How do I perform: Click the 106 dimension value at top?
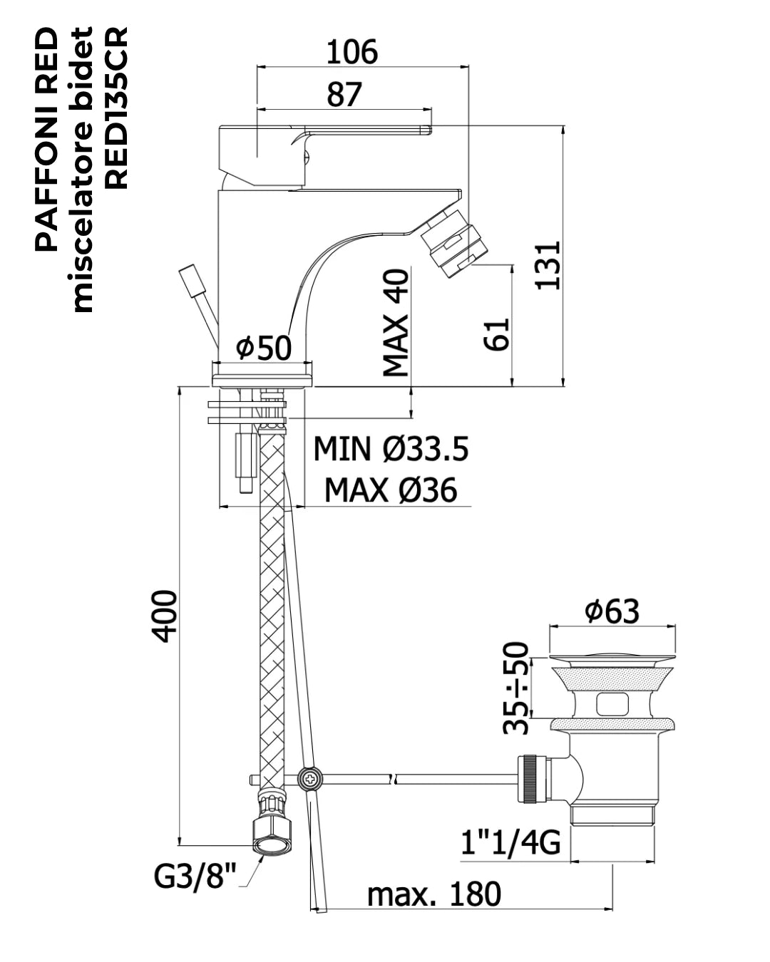(x=352, y=52)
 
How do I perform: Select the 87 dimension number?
(x=344, y=95)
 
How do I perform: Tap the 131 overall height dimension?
(x=548, y=266)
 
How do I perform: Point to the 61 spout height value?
(x=497, y=334)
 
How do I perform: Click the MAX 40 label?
(x=396, y=322)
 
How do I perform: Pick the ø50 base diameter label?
(x=264, y=348)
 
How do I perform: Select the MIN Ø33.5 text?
(x=391, y=448)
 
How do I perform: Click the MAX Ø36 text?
(x=391, y=490)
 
